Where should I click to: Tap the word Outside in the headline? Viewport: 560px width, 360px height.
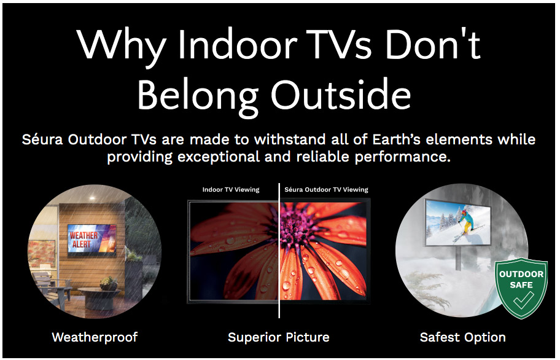pyautogui.click(x=341, y=95)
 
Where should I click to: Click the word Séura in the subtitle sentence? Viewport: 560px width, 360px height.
pyautogui.click(x=43, y=139)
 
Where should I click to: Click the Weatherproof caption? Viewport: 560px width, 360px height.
pyautogui.click(x=95, y=337)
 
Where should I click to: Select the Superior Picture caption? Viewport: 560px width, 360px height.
pyautogui.click(x=279, y=337)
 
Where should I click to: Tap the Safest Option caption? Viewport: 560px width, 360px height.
pyautogui.click(x=463, y=337)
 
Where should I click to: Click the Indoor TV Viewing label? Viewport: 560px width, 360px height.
pyautogui.click(x=231, y=190)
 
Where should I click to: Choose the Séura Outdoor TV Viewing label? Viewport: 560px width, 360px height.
pyautogui.click(x=326, y=190)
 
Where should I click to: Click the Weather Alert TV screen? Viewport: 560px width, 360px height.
pyautogui.click(x=91, y=238)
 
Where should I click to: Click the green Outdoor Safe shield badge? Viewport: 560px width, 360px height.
pyautogui.click(x=521, y=288)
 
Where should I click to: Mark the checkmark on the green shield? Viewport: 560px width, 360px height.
pyautogui.click(x=524, y=300)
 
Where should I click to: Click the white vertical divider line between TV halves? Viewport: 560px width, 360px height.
pyautogui.click(x=279, y=251)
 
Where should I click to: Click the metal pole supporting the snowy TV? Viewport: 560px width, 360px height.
pyautogui.click(x=458, y=257)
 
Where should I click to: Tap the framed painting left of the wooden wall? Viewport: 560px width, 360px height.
pyautogui.click(x=42, y=254)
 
